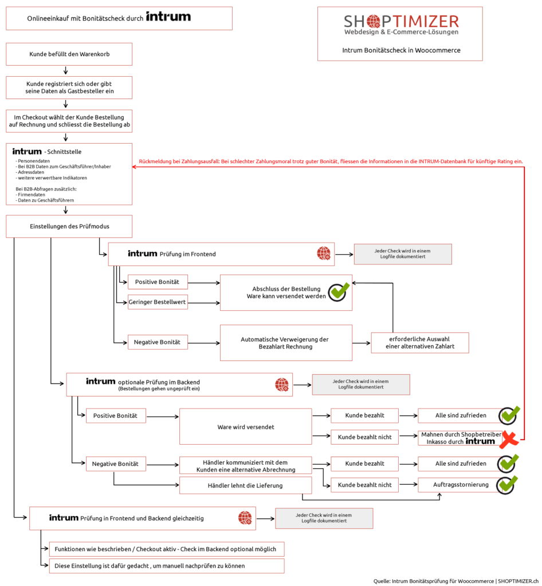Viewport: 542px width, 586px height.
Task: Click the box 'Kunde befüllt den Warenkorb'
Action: (69, 54)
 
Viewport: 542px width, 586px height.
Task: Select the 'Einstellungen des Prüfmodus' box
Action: (69, 227)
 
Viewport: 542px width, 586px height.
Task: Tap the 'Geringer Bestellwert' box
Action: (158, 302)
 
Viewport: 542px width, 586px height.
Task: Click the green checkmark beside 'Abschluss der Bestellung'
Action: (339, 291)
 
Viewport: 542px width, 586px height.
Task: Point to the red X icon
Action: (509, 439)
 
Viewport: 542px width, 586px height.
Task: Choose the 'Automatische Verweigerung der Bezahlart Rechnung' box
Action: (286, 343)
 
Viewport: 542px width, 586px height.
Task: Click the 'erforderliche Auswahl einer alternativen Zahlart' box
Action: (420, 343)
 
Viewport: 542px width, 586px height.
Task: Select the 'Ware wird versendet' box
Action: (245, 427)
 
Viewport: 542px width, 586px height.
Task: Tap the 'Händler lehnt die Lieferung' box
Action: (245, 485)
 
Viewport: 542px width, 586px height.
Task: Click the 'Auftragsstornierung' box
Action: (461, 485)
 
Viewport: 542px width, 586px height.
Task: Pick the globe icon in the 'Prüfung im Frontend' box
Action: (324, 254)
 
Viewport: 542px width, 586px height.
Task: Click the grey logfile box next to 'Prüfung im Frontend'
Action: (403, 254)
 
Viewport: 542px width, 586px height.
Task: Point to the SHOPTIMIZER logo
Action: (401, 25)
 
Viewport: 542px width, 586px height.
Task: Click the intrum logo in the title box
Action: (168, 17)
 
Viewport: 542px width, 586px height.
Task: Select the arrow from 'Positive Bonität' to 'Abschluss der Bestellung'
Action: (204, 283)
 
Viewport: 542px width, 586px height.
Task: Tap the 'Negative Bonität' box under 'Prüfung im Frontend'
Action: (158, 342)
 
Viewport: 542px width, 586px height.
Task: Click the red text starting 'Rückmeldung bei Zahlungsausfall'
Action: (331, 161)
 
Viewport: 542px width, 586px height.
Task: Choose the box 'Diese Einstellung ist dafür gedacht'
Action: (167, 566)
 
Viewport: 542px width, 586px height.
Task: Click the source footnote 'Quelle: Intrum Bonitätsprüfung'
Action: (456, 581)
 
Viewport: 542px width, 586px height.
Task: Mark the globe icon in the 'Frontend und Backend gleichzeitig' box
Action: (245, 518)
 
